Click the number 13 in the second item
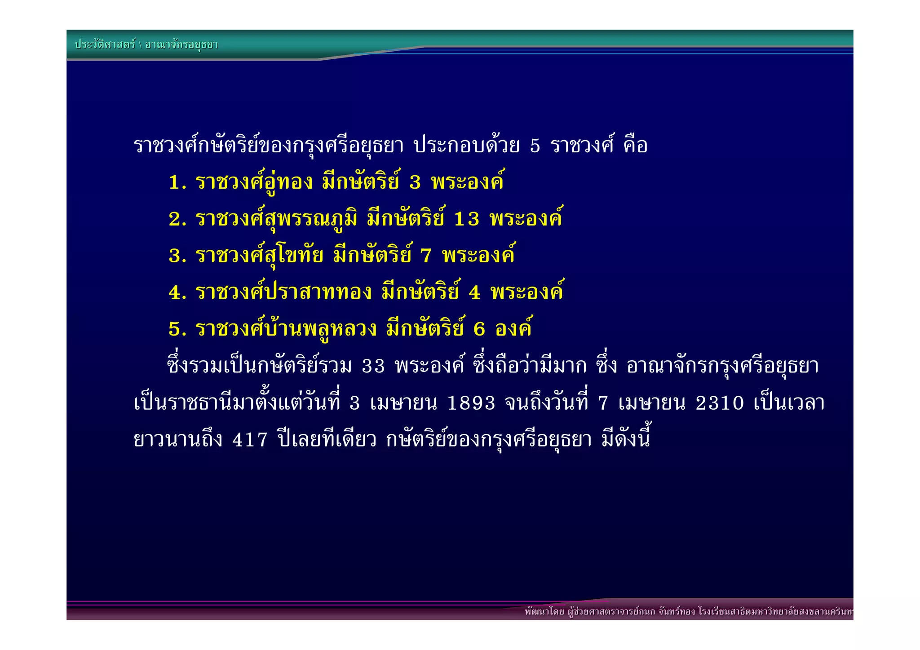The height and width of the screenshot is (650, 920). [x=467, y=220]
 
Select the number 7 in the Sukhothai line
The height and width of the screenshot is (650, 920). [x=426, y=256]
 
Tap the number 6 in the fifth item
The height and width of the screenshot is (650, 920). [x=479, y=330]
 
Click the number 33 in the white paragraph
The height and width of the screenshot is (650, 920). [x=373, y=367]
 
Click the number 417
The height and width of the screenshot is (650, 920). [x=250, y=440]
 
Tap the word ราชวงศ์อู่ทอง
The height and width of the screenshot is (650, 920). [x=254, y=183]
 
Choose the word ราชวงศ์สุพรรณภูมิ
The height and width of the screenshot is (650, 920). [x=276, y=220]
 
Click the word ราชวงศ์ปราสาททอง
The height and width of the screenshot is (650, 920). [x=283, y=293]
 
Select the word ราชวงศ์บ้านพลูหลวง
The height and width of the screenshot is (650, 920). [x=286, y=330]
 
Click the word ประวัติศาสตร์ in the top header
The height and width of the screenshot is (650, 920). [x=105, y=44]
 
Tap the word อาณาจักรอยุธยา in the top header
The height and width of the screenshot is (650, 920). [x=181, y=45]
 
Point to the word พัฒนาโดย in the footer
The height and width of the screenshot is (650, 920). [x=544, y=611]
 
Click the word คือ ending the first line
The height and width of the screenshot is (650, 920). [x=635, y=146]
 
